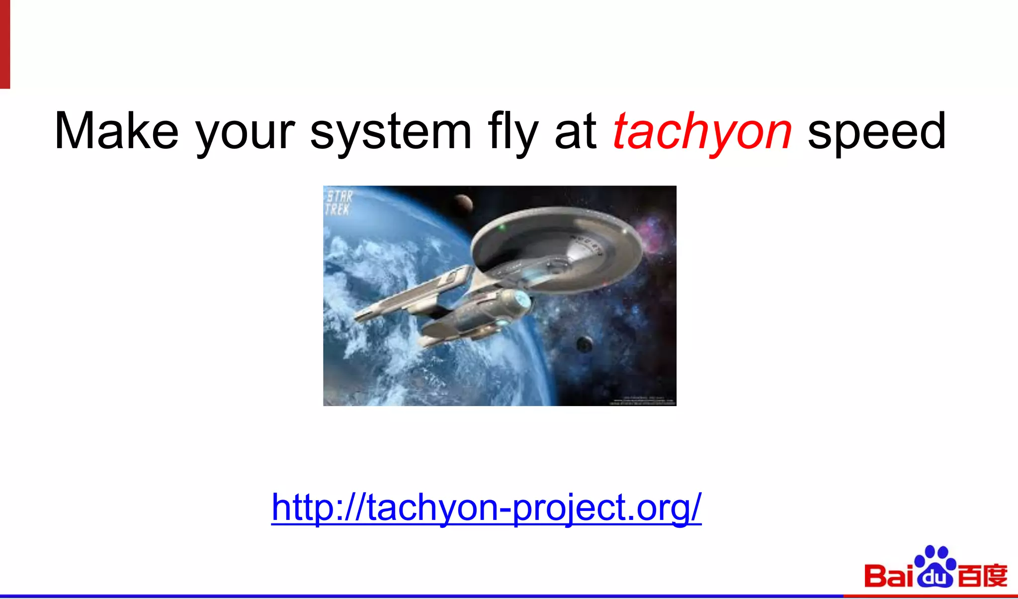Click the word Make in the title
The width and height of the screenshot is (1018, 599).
116,131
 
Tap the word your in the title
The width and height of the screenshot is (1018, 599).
245,133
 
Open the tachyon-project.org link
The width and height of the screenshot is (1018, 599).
486,508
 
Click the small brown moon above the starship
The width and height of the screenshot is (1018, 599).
463,202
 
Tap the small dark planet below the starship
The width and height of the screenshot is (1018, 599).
584,343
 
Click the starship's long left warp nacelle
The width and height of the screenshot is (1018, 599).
413,293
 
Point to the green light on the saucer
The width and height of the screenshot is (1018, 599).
502,227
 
